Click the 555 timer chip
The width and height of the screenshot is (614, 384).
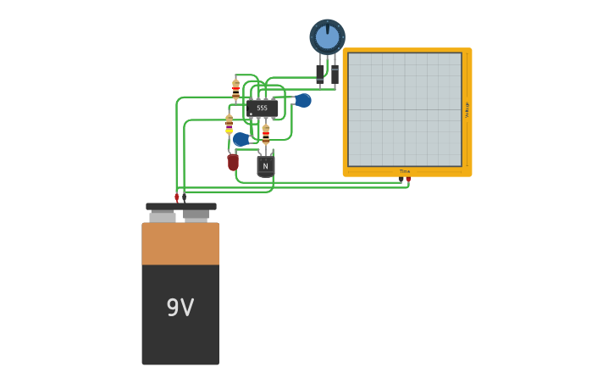(263, 108)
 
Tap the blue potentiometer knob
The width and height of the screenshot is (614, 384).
(327, 36)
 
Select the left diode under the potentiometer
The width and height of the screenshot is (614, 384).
(320, 73)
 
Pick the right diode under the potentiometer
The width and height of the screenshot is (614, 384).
(335, 75)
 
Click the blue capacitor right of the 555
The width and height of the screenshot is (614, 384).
(303, 100)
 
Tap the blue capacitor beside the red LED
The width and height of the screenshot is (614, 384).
(241, 139)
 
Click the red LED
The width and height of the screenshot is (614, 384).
(233, 160)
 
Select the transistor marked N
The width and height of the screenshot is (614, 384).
(266, 165)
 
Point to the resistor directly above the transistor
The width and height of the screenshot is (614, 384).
(266, 134)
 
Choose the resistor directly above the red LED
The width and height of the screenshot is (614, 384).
(229, 124)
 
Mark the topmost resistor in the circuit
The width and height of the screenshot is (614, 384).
(235, 88)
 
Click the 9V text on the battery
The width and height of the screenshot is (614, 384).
(180, 307)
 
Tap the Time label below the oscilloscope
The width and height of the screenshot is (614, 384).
(405, 171)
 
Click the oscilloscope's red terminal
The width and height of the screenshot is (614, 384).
(408, 179)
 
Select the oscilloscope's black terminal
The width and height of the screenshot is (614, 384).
(401, 179)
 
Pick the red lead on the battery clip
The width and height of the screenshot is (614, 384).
(176, 198)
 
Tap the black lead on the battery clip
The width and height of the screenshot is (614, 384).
(185, 198)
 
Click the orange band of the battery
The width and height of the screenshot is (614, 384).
(180, 243)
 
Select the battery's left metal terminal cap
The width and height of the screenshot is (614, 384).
(163, 216)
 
